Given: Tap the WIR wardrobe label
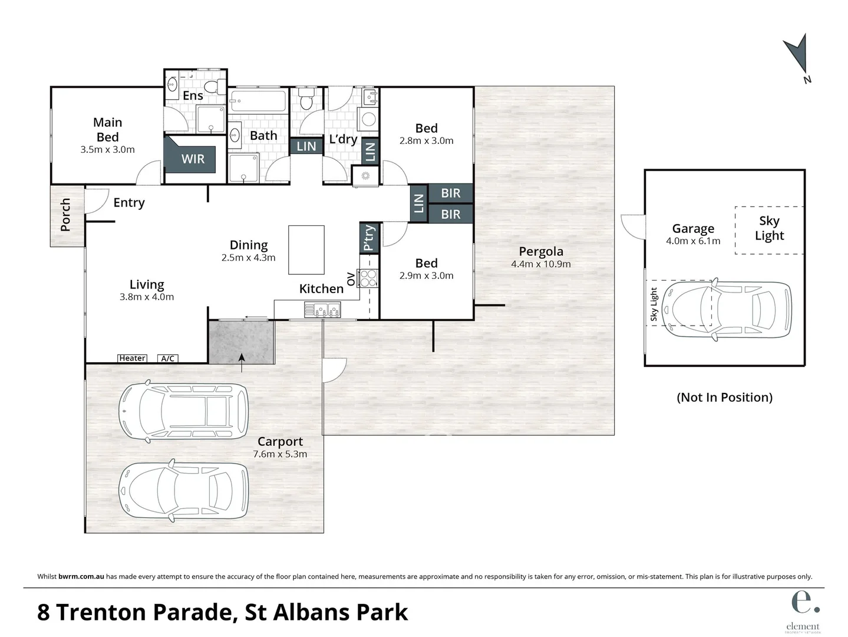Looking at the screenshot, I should pyautogui.click(x=193, y=159).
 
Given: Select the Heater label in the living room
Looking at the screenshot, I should pyautogui.click(x=132, y=358).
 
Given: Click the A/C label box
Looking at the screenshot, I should pyautogui.click(x=167, y=358).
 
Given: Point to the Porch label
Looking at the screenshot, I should pyautogui.click(x=65, y=215).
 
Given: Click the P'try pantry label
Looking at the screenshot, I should pyautogui.click(x=369, y=238).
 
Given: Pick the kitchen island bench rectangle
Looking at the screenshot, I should pyautogui.click(x=306, y=249).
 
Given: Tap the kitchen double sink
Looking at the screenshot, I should pyautogui.click(x=322, y=309).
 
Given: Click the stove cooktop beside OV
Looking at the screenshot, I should pyautogui.click(x=368, y=278).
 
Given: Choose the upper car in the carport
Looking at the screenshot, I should pyautogui.click(x=183, y=412).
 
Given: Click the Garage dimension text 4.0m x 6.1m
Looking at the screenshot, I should pyautogui.click(x=693, y=241).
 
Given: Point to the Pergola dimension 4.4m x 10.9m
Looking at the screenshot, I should pyautogui.click(x=540, y=264).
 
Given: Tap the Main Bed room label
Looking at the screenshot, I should pyautogui.click(x=108, y=130).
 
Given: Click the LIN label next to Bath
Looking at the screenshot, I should pyautogui.click(x=306, y=146).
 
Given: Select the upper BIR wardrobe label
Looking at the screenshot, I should pyautogui.click(x=450, y=193).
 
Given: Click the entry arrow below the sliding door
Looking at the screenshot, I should pyautogui.click(x=242, y=362).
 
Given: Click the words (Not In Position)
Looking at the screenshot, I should pyautogui.click(x=724, y=397).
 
